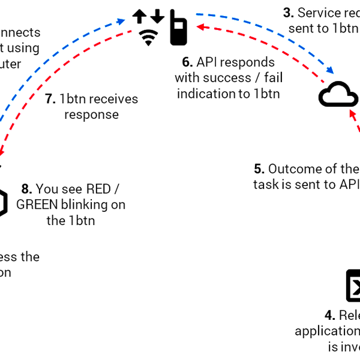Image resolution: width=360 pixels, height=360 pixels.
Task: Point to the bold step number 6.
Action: [187, 62]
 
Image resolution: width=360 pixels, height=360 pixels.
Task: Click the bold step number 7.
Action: [50, 98]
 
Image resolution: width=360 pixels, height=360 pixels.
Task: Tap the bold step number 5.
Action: [259, 169]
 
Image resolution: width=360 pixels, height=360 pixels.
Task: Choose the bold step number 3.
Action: [288, 13]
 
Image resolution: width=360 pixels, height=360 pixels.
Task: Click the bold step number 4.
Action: [329, 315]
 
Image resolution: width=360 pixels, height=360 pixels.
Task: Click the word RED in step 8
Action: [98, 189]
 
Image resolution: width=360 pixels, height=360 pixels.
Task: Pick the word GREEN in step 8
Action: [37, 205]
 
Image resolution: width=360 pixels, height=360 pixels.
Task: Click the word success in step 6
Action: [227, 78]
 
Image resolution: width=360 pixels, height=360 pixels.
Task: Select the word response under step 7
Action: [91, 114]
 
